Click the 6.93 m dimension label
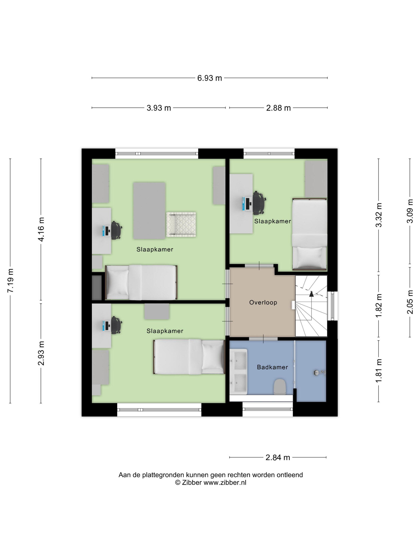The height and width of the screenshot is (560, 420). click(209, 78)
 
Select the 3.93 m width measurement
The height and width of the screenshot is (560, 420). click(159, 108)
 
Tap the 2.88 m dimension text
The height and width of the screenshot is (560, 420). click(278, 108)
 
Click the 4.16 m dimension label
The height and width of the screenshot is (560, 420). click(41, 229)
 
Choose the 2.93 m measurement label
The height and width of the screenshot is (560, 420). click(41, 353)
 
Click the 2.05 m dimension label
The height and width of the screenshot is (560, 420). click(410, 302)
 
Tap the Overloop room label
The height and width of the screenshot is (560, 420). click(263, 302)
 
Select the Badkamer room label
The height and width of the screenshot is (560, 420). click(272, 367)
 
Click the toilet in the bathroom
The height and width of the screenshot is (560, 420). click(280, 387)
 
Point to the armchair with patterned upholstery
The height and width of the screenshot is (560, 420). click(181, 224)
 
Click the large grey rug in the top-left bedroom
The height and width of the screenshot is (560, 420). click(149, 211)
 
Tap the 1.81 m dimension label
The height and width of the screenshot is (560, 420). click(379, 371)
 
